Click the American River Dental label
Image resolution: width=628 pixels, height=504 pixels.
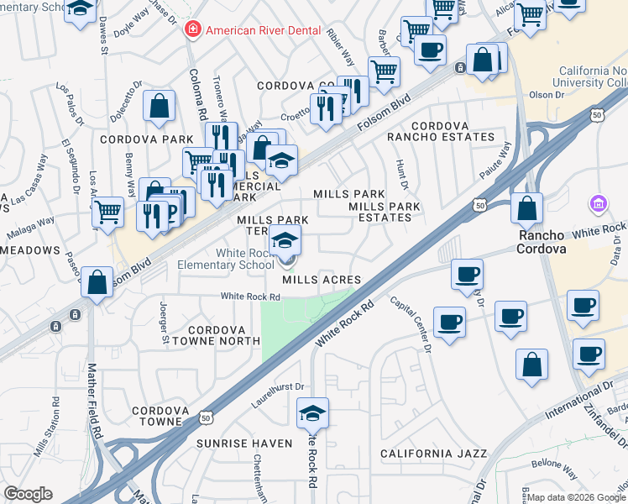click(x=264, y=30)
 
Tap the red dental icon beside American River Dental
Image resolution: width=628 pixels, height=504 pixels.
click(x=193, y=30)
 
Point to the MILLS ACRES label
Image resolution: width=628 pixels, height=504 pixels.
click(x=322, y=280)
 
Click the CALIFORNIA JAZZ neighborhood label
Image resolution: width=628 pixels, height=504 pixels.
click(x=433, y=454)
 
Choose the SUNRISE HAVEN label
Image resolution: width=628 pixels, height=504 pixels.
click(x=244, y=443)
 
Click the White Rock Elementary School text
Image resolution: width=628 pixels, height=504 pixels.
click(x=226, y=259)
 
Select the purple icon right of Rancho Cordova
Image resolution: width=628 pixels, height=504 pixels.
click(x=598, y=203)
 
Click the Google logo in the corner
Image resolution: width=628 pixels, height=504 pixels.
click(x=28, y=494)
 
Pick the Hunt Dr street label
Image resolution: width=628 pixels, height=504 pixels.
click(x=404, y=176)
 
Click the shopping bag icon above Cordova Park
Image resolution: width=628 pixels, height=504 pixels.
click(x=159, y=108)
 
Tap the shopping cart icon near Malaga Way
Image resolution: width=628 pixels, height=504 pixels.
click(x=107, y=213)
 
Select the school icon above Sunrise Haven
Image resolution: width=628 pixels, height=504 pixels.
click(x=312, y=413)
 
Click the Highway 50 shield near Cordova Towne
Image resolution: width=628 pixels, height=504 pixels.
click(x=205, y=417)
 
